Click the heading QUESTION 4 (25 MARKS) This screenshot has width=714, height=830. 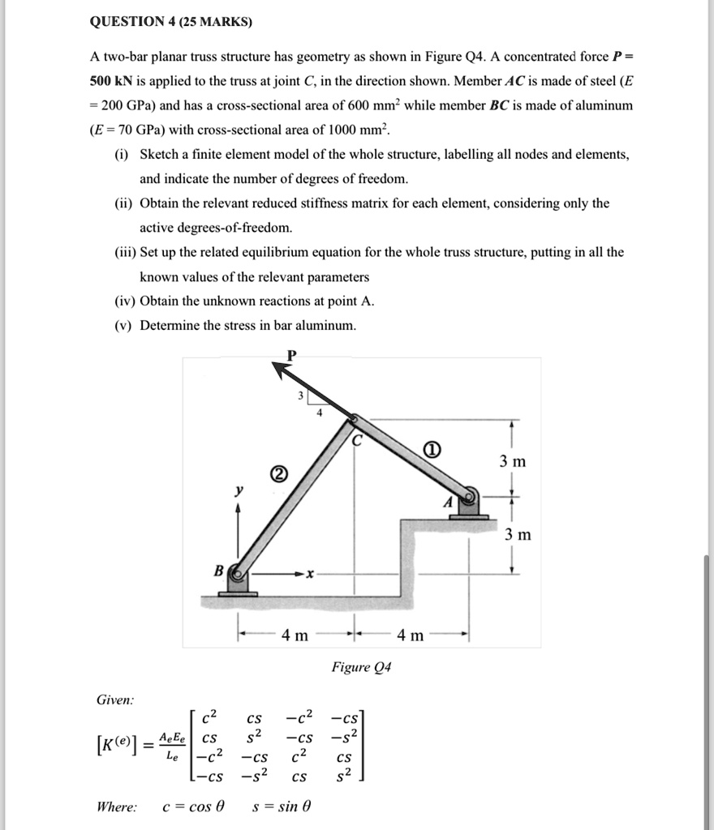[x=170, y=23]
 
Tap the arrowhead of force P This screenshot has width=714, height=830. [x=281, y=370]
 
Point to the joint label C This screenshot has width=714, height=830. [x=357, y=442]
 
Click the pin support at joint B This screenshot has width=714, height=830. [x=237, y=576]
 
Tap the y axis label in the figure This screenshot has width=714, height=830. [x=238, y=490]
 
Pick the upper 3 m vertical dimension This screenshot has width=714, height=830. [x=513, y=461]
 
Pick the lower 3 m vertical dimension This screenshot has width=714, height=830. [x=518, y=535]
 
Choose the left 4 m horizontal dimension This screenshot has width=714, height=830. [x=294, y=635]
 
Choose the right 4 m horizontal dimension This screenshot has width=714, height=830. [x=411, y=635]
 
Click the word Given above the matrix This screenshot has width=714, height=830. [x=116, y=700]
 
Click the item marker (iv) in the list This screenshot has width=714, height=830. [x=125, y=301]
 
